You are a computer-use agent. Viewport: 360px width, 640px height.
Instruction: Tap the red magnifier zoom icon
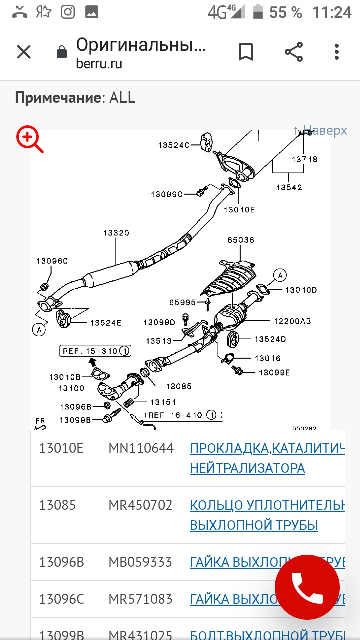click(30, 139)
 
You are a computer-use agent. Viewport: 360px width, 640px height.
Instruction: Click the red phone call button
click(307, 588)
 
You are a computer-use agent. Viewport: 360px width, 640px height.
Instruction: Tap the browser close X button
click(24, 52)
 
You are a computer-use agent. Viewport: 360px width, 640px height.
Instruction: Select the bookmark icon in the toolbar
click(245, 52)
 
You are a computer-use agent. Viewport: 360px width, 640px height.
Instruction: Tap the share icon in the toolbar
click(294, 52)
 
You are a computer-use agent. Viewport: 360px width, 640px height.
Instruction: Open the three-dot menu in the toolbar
click(337, 52)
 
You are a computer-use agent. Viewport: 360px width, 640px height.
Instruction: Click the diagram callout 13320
click(116, 233)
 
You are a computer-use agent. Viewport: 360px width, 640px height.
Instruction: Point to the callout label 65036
click(241, 240)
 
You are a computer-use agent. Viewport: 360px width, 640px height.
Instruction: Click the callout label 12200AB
click(292, 321)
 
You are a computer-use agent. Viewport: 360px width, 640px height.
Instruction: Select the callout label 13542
click(289, 187)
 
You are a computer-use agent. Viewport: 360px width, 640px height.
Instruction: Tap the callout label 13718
click(304, 159)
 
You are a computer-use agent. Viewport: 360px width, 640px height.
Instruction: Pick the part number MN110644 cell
click(141, 448)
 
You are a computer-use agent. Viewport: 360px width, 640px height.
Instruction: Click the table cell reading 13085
click(57, 505)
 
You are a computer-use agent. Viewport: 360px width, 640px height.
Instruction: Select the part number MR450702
click(140, 505)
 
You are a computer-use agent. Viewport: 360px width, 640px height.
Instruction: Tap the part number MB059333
click(140, 562)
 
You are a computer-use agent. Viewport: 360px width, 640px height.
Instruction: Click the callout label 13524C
click(174, 145)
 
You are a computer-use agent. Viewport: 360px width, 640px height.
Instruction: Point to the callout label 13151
click(163, 402)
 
